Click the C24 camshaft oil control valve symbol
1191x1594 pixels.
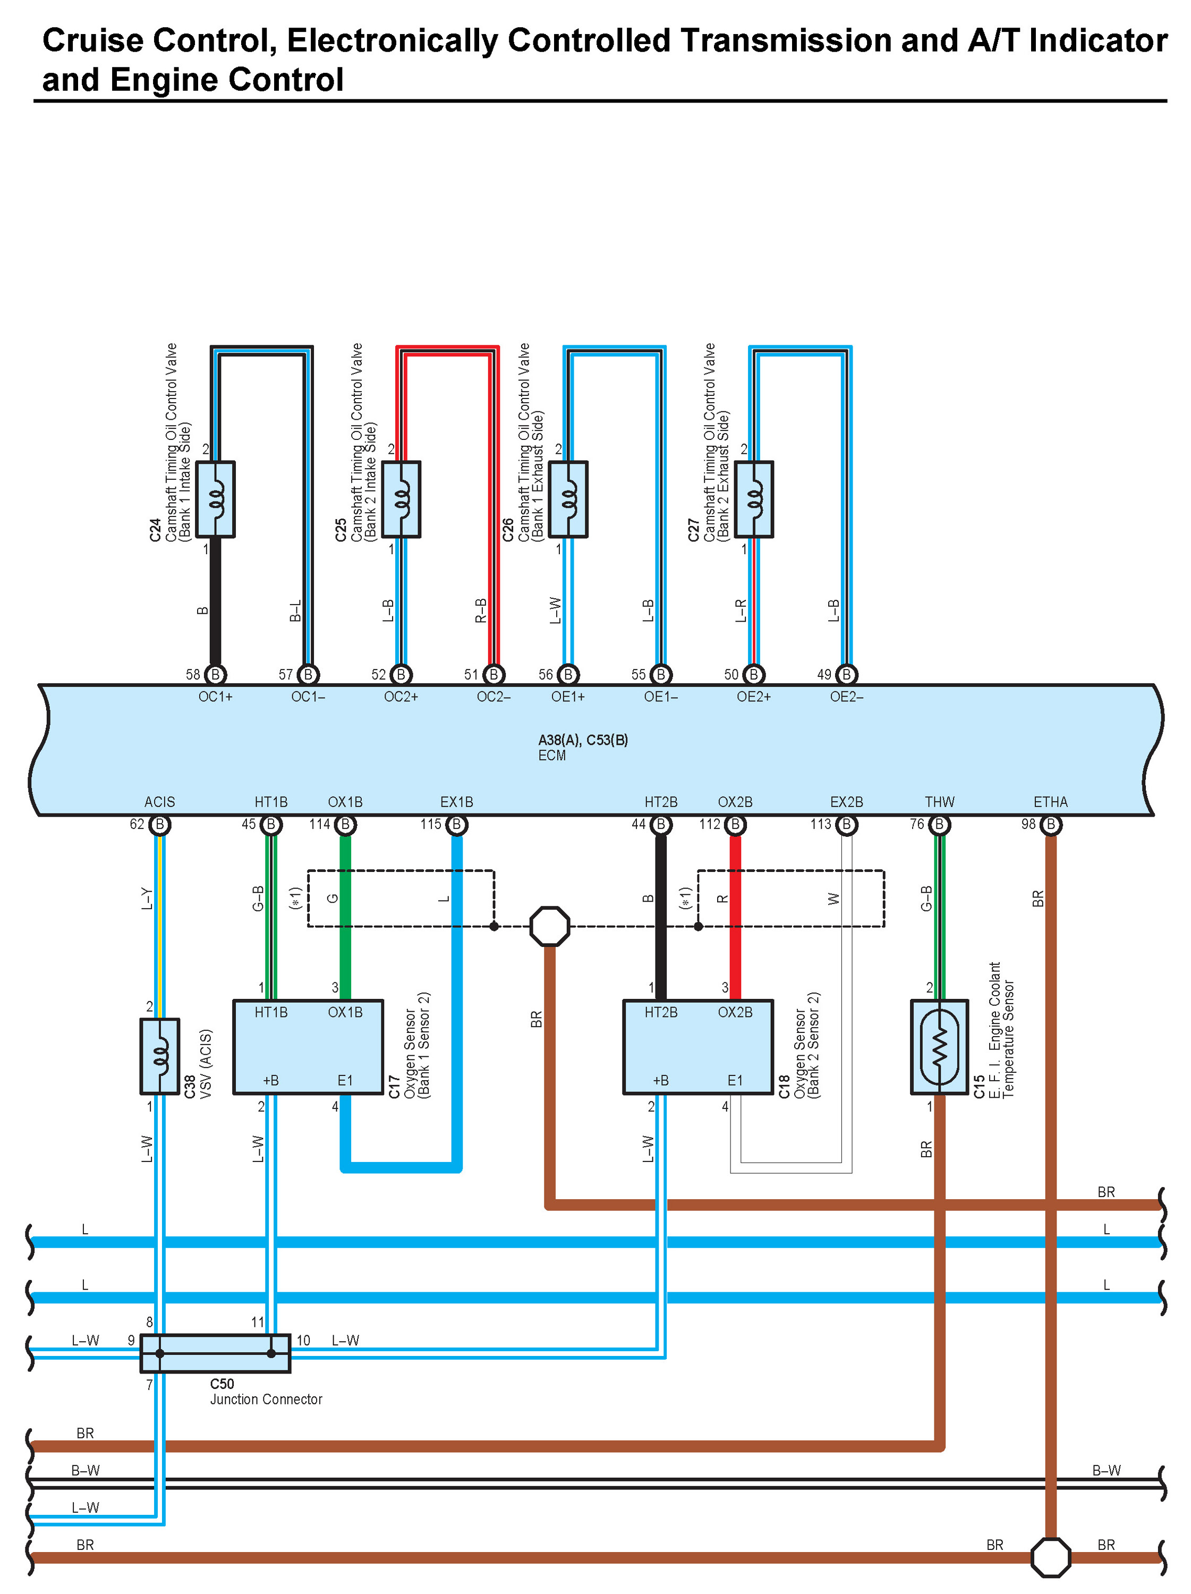[216, 499]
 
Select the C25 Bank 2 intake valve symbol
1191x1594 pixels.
[401, 499]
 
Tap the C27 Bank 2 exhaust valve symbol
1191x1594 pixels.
[754, 499]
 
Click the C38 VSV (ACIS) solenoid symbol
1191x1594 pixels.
[160, 1056]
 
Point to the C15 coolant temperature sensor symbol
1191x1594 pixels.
[940, 1046]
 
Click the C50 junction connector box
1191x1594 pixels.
[216, 1353]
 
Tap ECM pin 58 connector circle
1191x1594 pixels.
[216, 674]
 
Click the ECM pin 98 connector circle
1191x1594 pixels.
[1051, 825]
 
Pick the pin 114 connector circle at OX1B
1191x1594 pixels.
[346, 825]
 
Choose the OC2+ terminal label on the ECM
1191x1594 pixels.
[401, 697]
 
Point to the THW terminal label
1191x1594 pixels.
[940, 802]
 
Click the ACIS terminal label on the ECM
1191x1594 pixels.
[160, 802]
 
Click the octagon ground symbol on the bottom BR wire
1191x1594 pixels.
[1051, 1557]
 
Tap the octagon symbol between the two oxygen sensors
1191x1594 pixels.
[550, 926]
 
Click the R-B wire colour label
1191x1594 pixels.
[481, 611]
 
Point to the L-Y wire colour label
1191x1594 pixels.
[147, 898]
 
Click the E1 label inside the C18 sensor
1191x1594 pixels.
[735, 1080]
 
